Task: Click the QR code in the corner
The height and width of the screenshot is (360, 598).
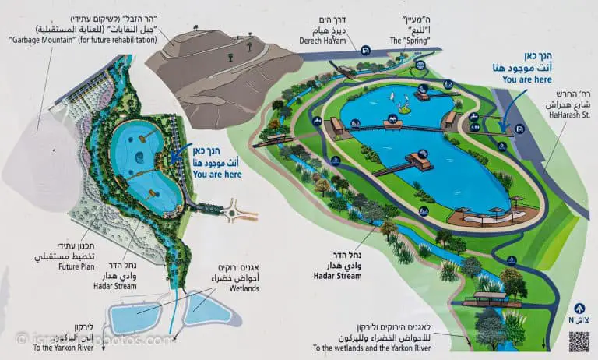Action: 579,341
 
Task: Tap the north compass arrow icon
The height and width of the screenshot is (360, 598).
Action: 579,309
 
